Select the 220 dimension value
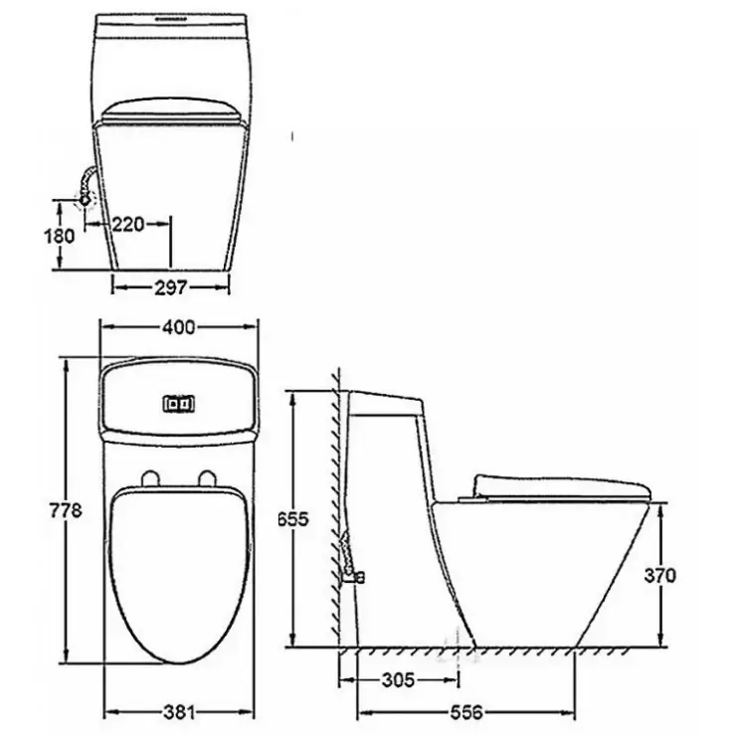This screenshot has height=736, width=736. click(127, 224)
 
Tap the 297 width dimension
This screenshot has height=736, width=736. click(170, 287)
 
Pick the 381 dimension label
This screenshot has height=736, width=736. click(180, 712)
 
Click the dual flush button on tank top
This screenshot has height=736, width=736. click(179, 404)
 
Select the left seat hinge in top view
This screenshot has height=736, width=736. click(151, 478)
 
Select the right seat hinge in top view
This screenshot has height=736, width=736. click(207, 478)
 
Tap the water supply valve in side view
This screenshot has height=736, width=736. click(351, 572)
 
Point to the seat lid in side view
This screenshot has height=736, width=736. click(562, 485)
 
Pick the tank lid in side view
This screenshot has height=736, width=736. click(388, 401)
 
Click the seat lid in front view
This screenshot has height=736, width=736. click(170, 110)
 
